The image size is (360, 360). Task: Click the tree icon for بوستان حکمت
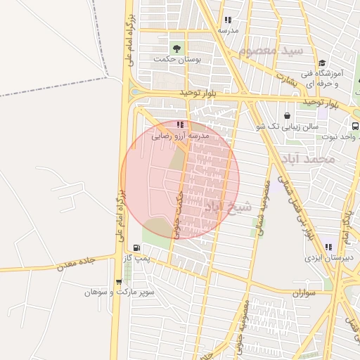click(176, 49)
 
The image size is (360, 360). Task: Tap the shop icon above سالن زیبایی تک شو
click(287, 116)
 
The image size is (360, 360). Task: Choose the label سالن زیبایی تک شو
click(288, 127)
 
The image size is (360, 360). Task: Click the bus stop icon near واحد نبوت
click(355, 127)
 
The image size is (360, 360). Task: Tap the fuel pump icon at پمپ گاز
click(136, 247)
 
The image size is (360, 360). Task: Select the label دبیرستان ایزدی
click(328, 258)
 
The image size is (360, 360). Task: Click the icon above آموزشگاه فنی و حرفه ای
click(321, 63)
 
